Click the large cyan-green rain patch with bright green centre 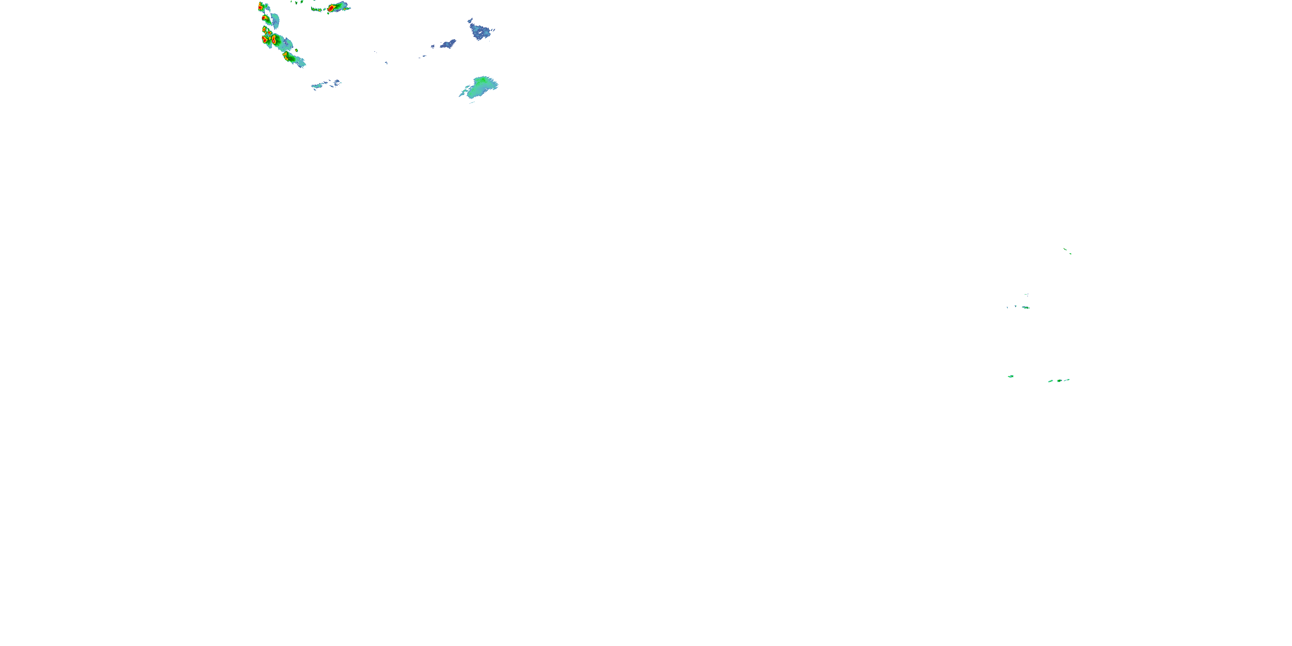click(x=481, y=86)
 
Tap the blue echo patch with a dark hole click(x=480, y=31)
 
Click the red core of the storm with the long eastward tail click(x=331, y=8)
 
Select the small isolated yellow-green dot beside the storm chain click(x=297, y=50)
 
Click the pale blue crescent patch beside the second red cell click(x=275, y=21)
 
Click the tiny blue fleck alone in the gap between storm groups click(x=386, y=63)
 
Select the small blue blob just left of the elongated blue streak click(x=432, y=47)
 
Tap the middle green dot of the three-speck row click(x=1059, y=381)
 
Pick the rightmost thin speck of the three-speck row click(x=1067, y=380)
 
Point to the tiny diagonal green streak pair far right click(x=1067, y=251)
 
